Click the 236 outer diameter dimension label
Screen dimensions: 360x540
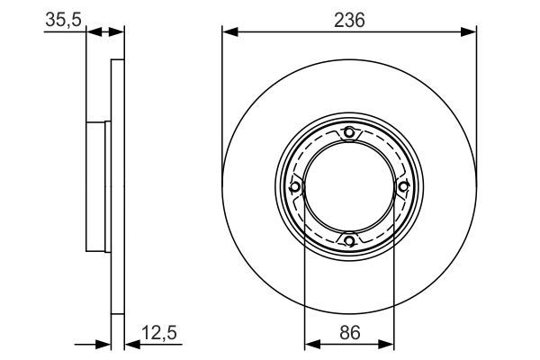click(x=348, y=19)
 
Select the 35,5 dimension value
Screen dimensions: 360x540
click(x=60, y=19)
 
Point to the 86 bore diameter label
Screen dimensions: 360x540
click(x=348, y=334)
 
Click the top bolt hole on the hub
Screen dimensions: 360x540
click(x=349, y=134)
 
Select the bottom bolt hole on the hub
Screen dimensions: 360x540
click(x=349, y=239)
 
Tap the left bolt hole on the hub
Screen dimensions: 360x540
click(x=296, y=186)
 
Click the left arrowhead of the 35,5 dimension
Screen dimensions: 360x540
click(x=93, y=33)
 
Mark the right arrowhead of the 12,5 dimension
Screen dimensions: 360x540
click(x=129, y=345)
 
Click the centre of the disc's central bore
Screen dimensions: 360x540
click(x=349, y=186)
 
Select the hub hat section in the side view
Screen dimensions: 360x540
click(x=96, y=186)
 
